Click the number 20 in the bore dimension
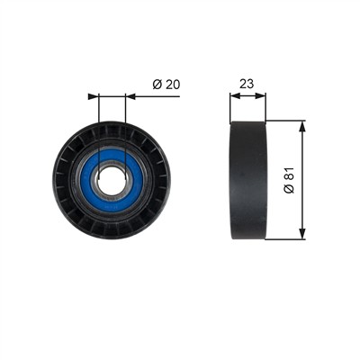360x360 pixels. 173,85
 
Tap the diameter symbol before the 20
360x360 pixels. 157,85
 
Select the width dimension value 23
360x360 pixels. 247,85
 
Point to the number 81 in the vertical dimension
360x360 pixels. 290,175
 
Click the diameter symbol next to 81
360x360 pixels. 290,189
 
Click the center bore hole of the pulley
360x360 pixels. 112,181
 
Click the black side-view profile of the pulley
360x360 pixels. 248,180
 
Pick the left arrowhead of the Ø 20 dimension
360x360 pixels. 94,96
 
